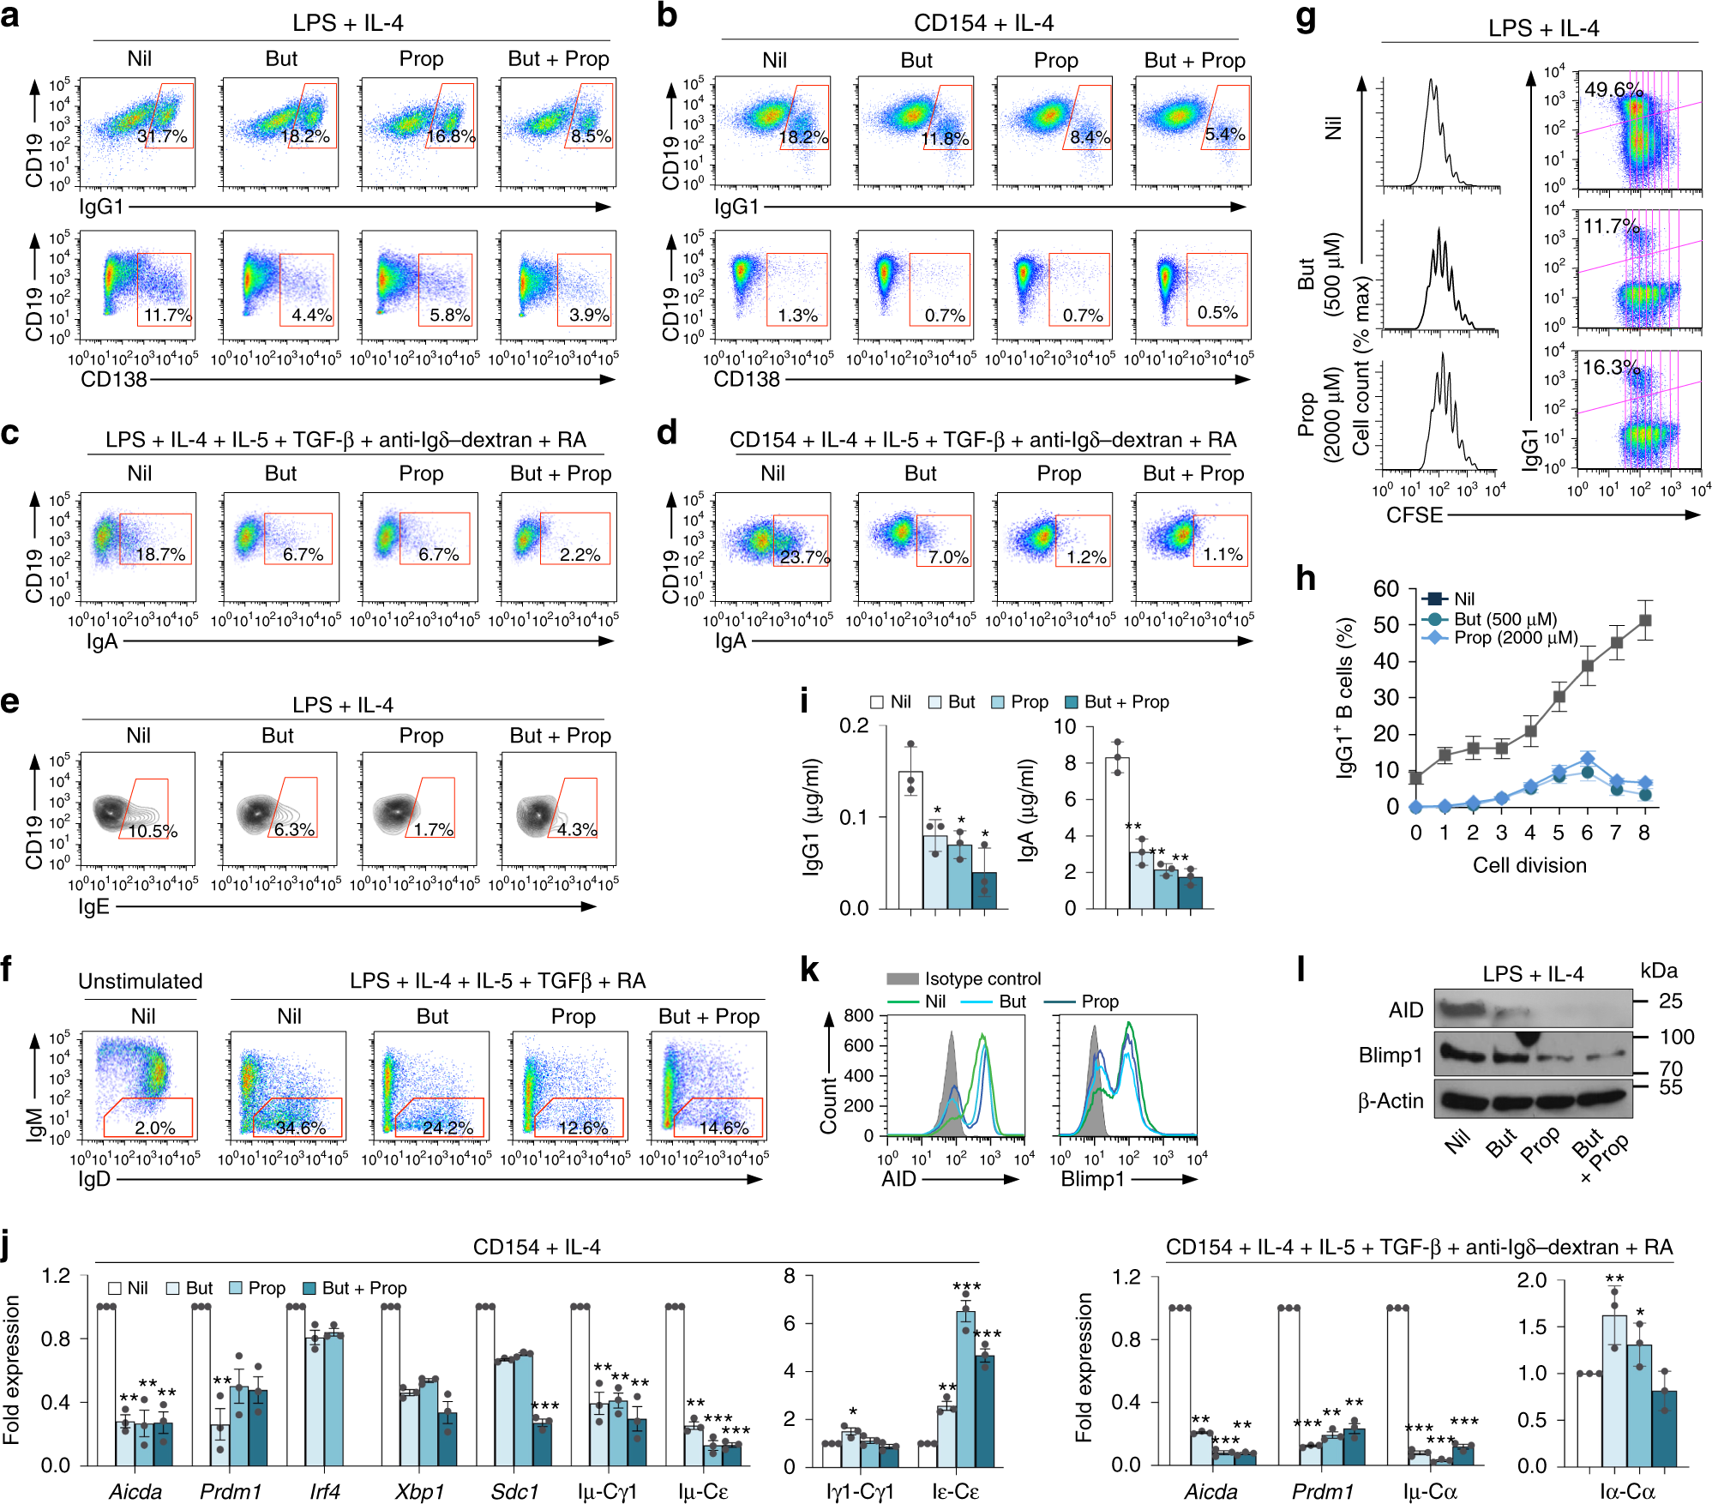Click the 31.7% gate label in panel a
pos(162,136)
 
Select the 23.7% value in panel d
pos(804,557)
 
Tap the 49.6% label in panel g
pos(1613,90)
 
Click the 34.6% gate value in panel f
pos(300,1128)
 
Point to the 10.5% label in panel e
pos(153,832)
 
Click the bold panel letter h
pos(1305,580)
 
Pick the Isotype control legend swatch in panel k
pos(903,979)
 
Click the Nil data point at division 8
pos(1644,621)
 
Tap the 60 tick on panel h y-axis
pos(1385,589)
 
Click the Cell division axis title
pos(1529,865)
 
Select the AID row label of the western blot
pos(1405,1010)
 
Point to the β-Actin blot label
pos(1390,1101)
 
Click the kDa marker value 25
pos(1670,1001)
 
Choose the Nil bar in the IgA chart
pos(1116,832)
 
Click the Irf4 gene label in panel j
pos(325,1492)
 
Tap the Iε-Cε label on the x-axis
pos(955,1492)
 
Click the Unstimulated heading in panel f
pos(141,981)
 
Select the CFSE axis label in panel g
pos(1415,515)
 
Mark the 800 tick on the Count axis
pos(858,1016)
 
